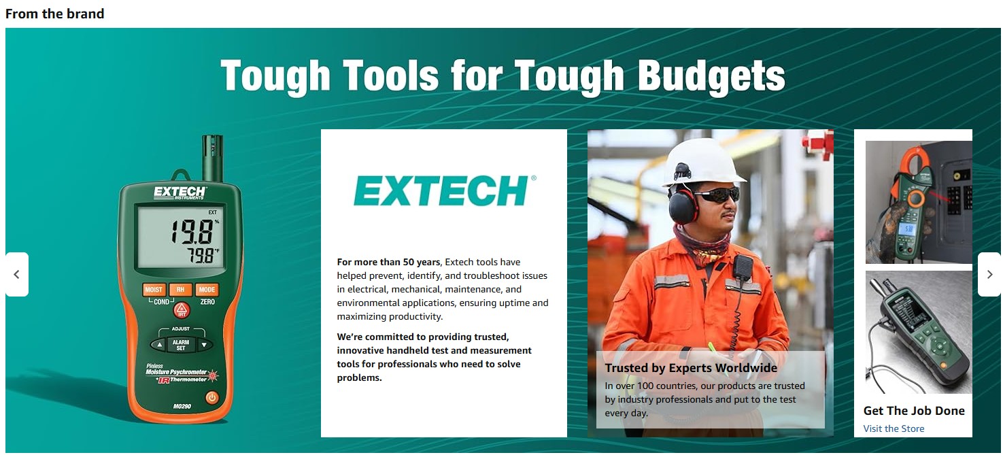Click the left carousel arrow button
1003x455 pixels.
[x=17, y=275]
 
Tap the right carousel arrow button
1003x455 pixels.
[x=989, y=275]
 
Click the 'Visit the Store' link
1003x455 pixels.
[x=894, y=428]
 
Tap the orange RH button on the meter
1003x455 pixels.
[x=180, y=290]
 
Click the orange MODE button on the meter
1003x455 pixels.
[x=207, y=290]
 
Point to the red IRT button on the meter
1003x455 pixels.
[x=181, y=311]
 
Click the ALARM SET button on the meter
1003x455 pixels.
[x=180, y=345]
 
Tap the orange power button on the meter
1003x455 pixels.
[x=212, y=397]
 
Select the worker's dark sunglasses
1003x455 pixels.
[x=715, y=195]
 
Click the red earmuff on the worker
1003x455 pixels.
[x=682, y=205]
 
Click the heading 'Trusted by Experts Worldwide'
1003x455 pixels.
[x=691, y=368]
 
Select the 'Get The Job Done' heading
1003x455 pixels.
[x=914, y=411]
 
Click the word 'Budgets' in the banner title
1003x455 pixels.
[x=712, y=75]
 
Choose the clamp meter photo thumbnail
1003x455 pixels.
[x=918, y=202]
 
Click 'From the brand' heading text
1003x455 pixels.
[x=55, y=14]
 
